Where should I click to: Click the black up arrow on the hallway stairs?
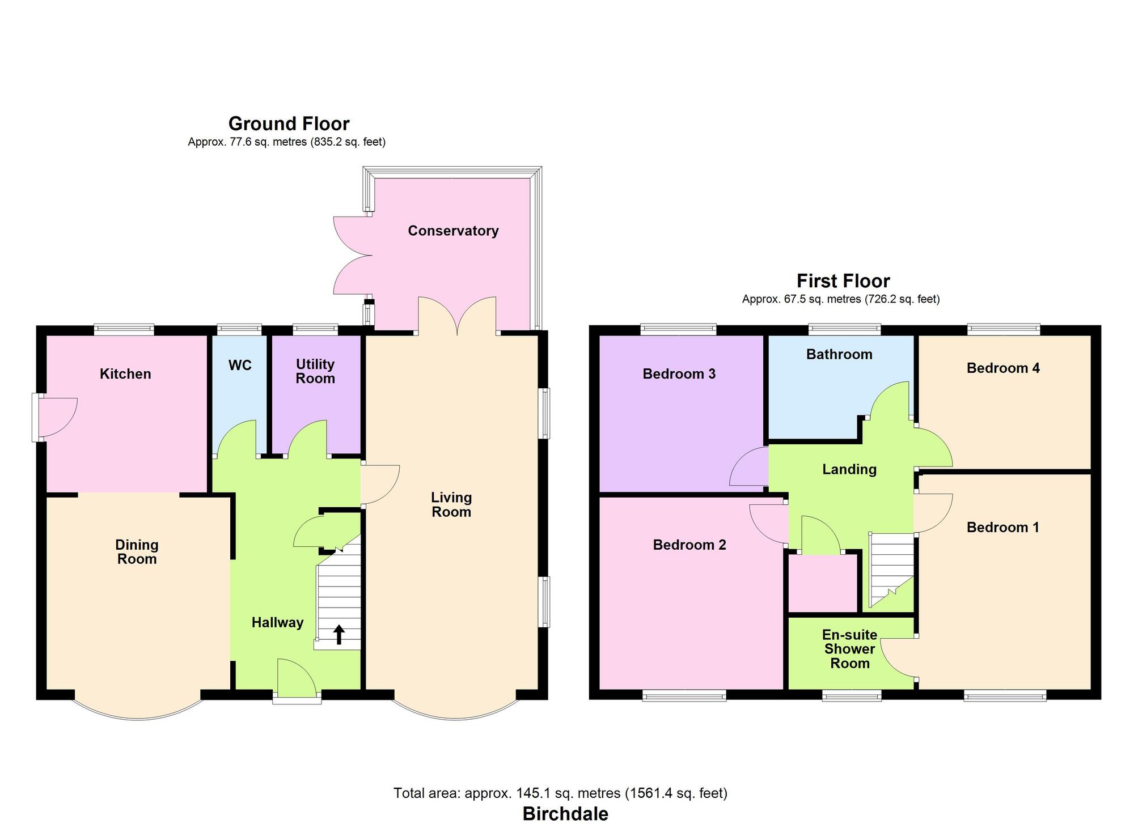point(339,634)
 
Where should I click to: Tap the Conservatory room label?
point(453,231)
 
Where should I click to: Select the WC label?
point(240,366)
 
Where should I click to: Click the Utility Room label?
point(315,371)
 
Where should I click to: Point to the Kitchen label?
point(125,374)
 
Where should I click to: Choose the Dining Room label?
point(137,552)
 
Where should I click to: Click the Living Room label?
point(451,504)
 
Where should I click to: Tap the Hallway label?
point(277,623)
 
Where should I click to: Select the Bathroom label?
point(839,355)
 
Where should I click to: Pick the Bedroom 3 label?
point(679,374)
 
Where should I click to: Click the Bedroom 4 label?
point(1003,368)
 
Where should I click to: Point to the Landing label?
point(849,469)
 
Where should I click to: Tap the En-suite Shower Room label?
point(850,649)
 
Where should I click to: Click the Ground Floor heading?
point(289,124)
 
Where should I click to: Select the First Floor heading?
point(843,281)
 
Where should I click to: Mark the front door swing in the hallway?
point(297,677)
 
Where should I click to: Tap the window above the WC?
point(239,328)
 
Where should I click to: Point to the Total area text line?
point(560,793)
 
